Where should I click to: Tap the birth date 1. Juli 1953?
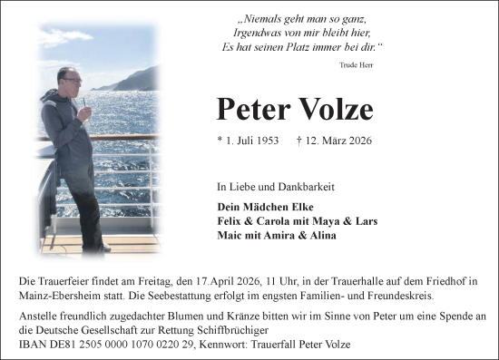point(248,141)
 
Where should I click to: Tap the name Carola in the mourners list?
point(273,220)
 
